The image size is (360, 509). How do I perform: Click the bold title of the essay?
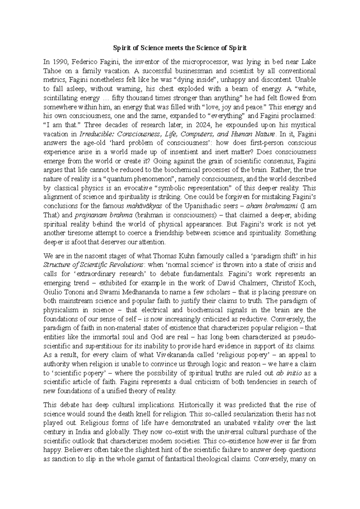point(180,48)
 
